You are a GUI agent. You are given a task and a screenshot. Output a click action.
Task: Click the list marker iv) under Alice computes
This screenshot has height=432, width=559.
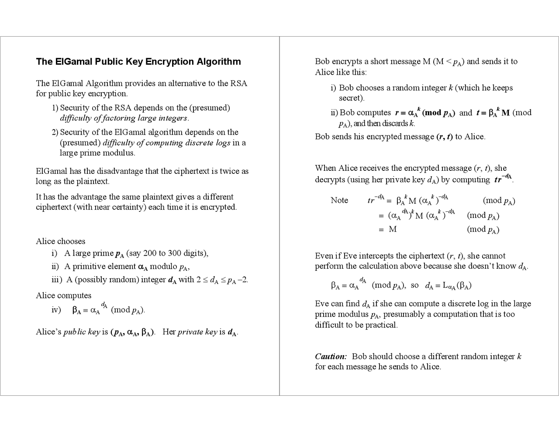click(56, 310)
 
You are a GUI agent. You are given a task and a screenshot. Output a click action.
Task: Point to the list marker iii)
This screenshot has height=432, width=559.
click(57, 280)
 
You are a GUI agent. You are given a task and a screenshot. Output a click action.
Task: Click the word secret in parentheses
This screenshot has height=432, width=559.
click(350, 98)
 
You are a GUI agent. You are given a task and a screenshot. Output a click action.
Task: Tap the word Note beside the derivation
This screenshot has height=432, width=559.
click(339, 200)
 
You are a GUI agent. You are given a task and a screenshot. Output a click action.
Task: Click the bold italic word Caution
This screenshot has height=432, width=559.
click(331, 356)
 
